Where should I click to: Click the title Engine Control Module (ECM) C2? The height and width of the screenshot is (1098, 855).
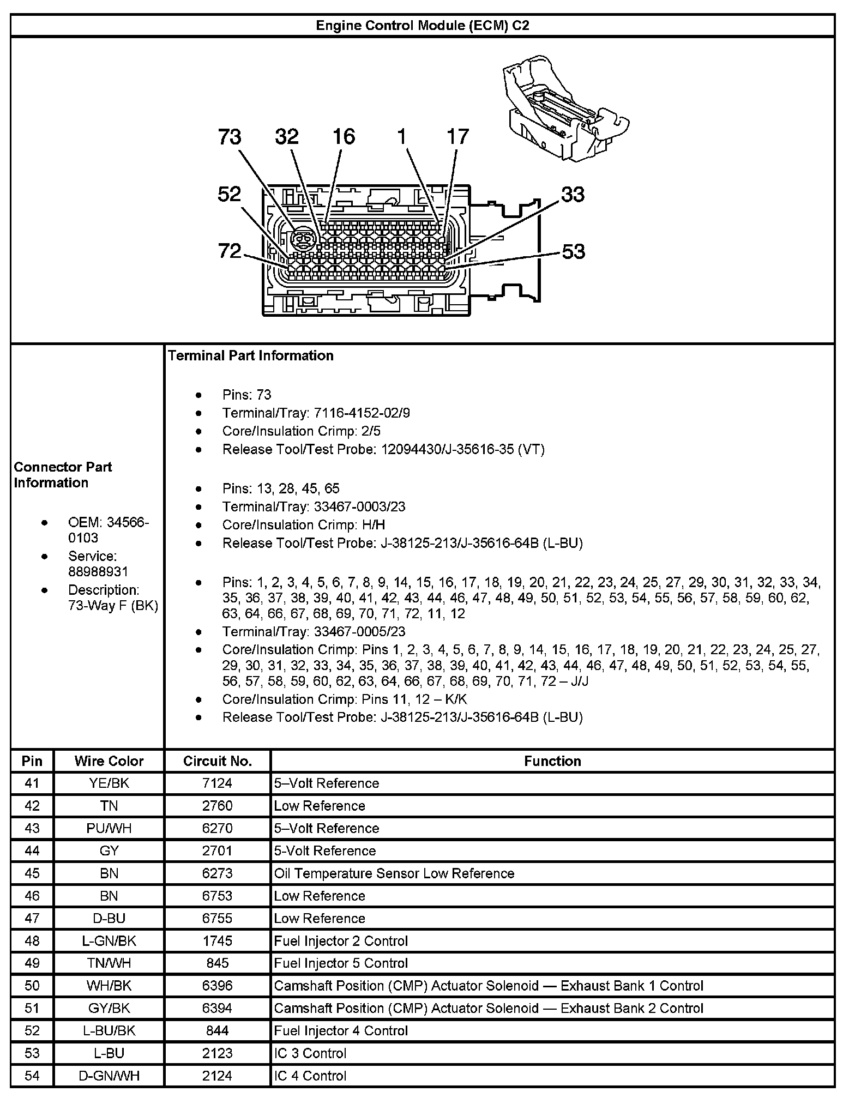[x=423, y=26]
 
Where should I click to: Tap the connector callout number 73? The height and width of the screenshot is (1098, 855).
[x=230, y=137]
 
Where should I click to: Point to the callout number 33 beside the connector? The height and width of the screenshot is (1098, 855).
[x=573, y=195]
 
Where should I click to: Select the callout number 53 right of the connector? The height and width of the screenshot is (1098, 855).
[x=573, y=251]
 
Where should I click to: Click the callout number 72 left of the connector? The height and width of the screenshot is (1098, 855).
[x=230, y=251]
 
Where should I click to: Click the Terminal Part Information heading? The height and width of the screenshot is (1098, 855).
[x=251, y=355]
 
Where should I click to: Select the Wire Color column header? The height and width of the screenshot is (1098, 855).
[x=109, y=761]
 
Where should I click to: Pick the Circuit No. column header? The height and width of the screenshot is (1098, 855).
[x=217, y=761]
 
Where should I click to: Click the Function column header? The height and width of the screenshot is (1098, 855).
[x=552, y=761]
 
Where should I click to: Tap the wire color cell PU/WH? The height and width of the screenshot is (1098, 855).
[x=109, y=828]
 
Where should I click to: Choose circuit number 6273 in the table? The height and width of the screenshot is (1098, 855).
[x=217, y=873]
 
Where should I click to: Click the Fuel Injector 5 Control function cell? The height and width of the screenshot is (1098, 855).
[x=341, y=963]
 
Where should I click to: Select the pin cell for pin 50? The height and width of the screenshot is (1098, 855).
[x=32, y=986]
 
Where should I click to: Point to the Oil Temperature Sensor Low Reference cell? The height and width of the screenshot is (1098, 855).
[x=394, y=873]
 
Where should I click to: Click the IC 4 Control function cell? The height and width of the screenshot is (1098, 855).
[x=310, y=1076]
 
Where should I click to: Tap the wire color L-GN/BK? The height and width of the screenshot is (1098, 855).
[x=109, y=941]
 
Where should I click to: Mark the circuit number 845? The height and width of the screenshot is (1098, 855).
[x=217, y=963]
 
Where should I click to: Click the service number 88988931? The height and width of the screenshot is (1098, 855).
[x=98, y=571]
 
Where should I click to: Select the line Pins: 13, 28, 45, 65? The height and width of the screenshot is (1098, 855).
[x=281, y=488]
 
